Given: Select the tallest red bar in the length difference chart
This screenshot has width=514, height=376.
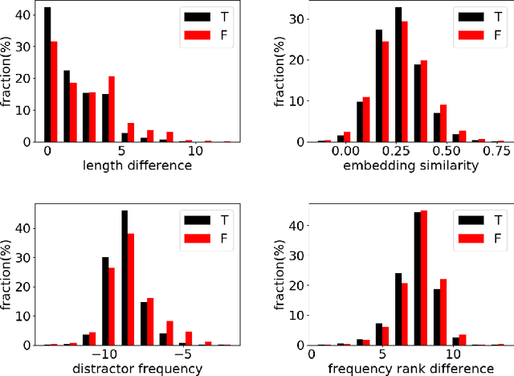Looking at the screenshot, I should click(x=55, y=92).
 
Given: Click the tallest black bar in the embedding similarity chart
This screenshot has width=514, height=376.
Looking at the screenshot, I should click(x=398, y=76).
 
